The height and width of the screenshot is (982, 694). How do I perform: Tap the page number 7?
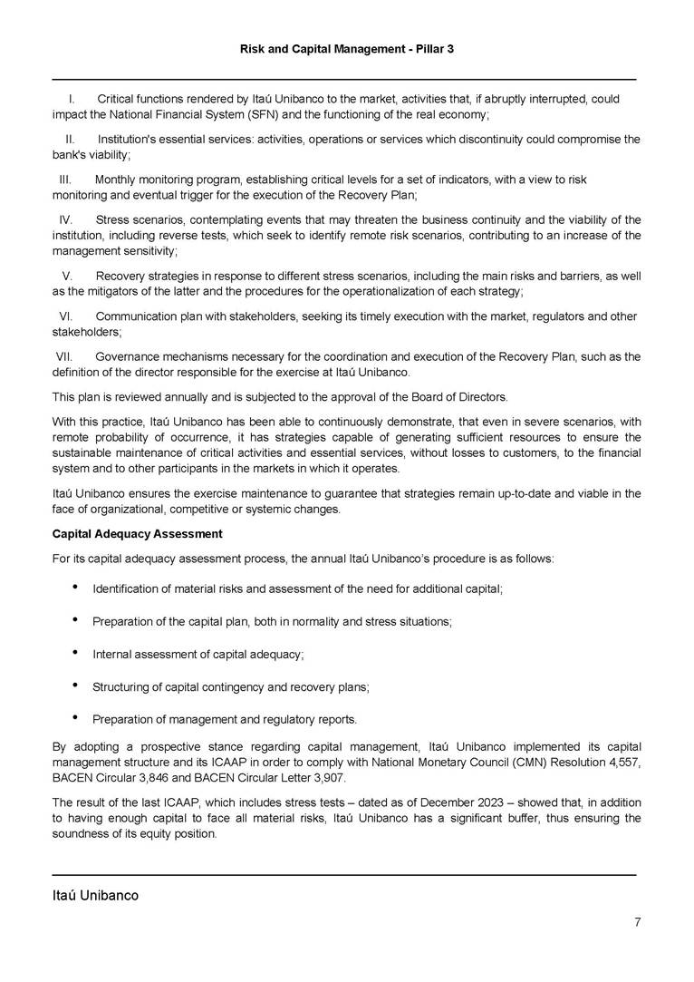[638, 923]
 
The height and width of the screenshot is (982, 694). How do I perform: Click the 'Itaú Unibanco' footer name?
[95, 896]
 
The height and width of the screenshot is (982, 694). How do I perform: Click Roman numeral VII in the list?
[69, 356]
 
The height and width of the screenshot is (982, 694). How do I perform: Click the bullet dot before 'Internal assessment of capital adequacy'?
[73, 653]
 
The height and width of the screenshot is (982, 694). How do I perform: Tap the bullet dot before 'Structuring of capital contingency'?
[73, 685]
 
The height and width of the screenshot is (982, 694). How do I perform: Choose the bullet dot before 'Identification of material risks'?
[73, 588]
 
